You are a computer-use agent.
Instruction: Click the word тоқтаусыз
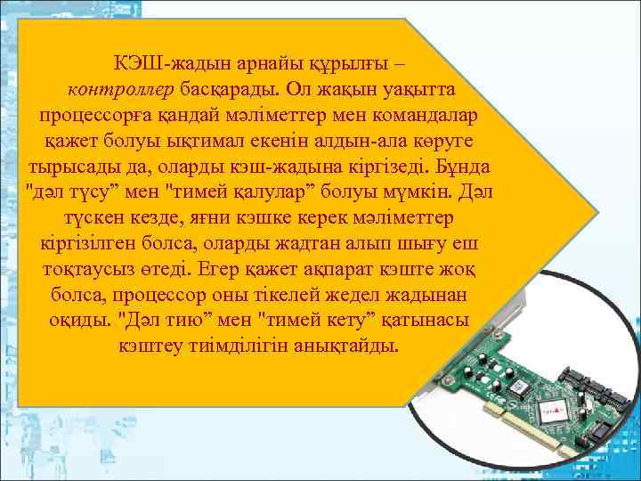click(x=86, y=269)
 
